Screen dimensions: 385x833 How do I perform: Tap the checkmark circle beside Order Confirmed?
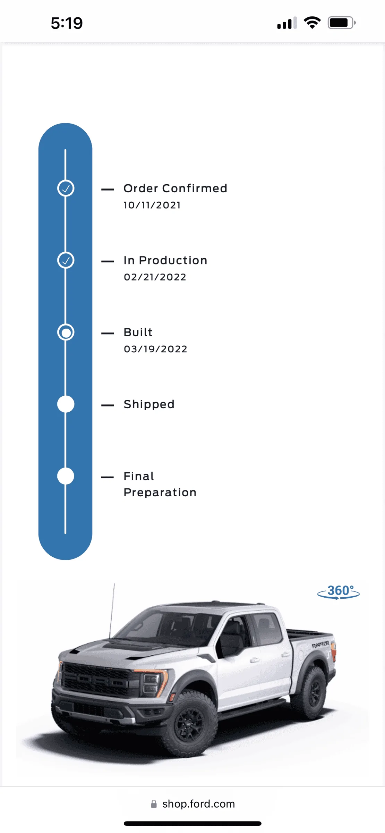(x=66, y=188)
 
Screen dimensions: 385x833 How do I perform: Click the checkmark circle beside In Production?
(x=66, y=260)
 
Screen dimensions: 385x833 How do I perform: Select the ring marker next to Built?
(x=66, y=332)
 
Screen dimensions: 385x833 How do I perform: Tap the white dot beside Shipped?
(x=66, y=404)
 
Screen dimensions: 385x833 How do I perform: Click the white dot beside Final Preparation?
(x=66, y=476)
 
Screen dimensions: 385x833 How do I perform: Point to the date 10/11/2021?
(x=152, y=205)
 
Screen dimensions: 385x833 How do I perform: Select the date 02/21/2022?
(x=155, y=277)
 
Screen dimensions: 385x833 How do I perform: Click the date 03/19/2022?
(x=155, y=349)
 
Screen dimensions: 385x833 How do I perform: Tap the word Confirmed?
(x=195, y=188)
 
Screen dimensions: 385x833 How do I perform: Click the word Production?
(x=173, y=260)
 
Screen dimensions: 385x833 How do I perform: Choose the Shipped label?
(x=149, y=404)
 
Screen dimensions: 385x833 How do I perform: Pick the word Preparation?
(x=160, y=493)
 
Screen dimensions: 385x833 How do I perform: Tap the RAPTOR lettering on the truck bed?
(x=320, y=645)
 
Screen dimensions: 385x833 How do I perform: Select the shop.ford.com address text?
(x=199, y=804)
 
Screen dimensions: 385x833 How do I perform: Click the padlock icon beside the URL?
(x=154, y=804)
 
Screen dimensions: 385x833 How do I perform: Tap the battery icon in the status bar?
(x=342, y=23)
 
